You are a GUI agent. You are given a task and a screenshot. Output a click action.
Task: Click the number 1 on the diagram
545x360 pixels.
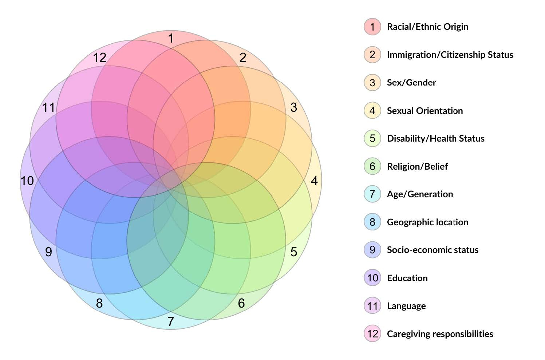pos(171,38)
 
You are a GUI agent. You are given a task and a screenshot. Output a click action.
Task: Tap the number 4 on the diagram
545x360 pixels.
pos(315,181)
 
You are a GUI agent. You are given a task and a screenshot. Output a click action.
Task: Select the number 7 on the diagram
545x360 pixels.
pos(171,322)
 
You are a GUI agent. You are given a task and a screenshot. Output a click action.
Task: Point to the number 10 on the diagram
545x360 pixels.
pos(27,181)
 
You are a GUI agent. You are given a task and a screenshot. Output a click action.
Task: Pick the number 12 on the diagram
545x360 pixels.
pos(99,58)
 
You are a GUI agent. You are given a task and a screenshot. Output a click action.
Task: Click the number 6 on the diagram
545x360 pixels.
pos(241,303)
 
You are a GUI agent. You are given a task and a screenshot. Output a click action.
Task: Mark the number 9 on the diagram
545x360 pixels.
pos(48,252)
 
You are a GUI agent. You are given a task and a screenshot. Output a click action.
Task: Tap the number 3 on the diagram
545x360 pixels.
pos(293,107)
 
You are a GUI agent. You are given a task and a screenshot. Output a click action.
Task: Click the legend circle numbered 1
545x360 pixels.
pos(372,27)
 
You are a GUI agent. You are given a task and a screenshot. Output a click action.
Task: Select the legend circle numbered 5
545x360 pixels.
pos(372,138)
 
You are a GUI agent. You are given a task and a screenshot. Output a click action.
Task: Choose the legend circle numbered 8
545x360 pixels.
pos(372,222)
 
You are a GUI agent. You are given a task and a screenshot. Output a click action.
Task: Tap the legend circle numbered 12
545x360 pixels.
pos(372,334)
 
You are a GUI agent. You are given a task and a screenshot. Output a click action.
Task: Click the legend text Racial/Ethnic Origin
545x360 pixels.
pos(427,27)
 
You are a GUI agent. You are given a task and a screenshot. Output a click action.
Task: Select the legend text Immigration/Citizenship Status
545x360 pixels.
pos(450,55)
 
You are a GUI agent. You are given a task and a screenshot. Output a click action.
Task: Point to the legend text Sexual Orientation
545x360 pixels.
pos(425,111)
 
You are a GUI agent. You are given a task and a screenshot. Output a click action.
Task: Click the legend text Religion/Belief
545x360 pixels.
pos(417,166)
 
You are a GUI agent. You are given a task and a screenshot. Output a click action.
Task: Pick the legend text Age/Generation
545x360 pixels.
pos(420,194)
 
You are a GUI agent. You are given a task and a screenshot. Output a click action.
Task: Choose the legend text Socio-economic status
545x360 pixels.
pos(433,250)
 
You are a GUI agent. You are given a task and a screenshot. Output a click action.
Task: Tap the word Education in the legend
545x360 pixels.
pos(407,278)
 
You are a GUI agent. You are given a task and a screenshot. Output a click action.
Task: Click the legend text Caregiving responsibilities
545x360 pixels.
pos(440,334)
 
